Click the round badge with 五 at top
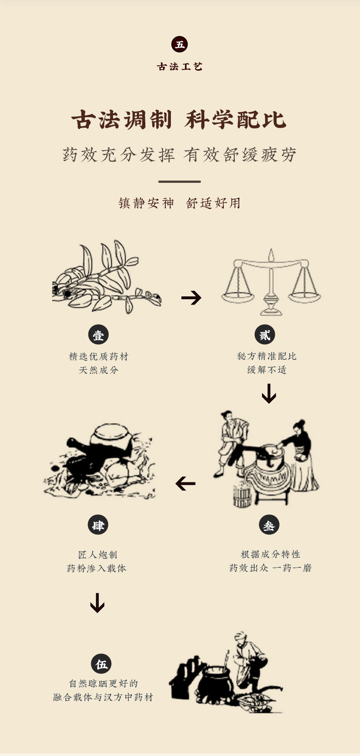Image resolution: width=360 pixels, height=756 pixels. pyautogui.click(x=180, y=44)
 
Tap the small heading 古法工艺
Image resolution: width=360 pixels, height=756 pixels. pyautogui.click(x=180, y=67)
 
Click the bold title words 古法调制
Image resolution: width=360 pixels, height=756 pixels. pyautogui.click(x=122, y=120)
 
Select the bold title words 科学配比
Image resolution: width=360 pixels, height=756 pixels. pyautogui.click(x=236, y=120)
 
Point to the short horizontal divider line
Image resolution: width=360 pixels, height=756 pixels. pyautogui.click(x=180, y=181)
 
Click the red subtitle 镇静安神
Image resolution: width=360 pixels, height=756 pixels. pyautogui.click(x=146, y=203)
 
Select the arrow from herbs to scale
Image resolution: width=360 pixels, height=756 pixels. pyautogui.click(x=191, y=298)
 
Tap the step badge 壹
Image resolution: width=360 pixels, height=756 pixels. pyautogui.click(x=98, y=335)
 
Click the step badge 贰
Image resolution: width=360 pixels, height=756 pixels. pyautogui.click(x=265, y=335)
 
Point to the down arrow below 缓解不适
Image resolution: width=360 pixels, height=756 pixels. pyautogui.click(x=269, y=394)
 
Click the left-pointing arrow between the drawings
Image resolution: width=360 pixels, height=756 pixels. pyautogui.click(x=185, y=483)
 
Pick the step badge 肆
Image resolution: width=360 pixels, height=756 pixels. pyautogui.click(x=98, y=525)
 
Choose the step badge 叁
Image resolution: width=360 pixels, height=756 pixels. pyautogui.click(x=269, y=525)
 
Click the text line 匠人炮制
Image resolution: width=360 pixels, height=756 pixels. pyautogui.click(x=98, y=554)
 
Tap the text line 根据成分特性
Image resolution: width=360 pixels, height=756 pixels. pyautogui.click(x=270, y=554)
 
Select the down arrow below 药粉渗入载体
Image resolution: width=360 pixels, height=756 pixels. pyautogui.click(x=97, y=603)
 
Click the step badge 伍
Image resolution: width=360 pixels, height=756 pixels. pyautogui.click(x=101, y=664)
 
